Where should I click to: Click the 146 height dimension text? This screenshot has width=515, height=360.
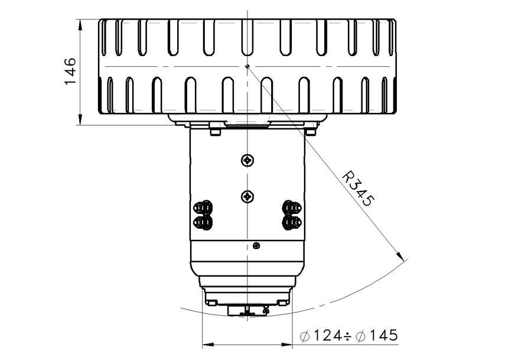point(70,72)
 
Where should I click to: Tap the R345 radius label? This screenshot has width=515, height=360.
point(359,188)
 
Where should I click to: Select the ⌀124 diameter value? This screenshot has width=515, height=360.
point(322,336)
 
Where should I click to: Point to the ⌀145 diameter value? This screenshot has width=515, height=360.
point(378,336)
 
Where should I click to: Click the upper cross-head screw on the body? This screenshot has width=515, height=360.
point(247,160)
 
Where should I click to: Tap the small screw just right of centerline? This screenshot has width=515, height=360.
point(256,245)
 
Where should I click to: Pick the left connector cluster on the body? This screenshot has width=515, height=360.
point(203,215)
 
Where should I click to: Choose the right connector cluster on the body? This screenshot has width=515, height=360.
point(292,215)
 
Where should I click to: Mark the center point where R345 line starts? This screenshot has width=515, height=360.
point(247,66)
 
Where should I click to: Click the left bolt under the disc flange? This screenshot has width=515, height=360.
point(216,131)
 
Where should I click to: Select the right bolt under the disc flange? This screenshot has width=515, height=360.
point(310,131)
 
